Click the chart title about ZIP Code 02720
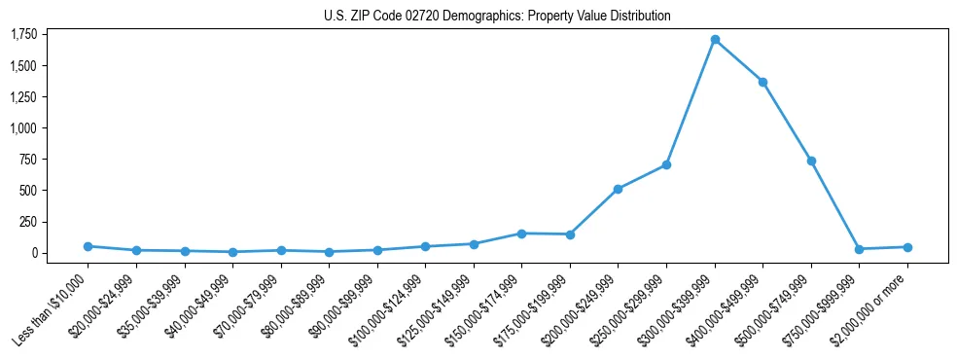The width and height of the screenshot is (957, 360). click(497, 17)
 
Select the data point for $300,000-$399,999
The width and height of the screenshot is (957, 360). click(715, 40)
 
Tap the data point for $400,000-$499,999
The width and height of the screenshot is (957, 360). click(763, 82)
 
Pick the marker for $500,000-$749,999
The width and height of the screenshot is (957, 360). click(811, 161)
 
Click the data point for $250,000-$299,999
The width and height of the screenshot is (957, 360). click(666, 164)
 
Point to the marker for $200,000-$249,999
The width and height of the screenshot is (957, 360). click(618, 189)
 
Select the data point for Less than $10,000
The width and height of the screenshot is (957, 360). click(88, 246)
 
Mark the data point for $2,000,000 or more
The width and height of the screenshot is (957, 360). click(907, 247)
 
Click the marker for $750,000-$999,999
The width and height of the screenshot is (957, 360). click(859, 249)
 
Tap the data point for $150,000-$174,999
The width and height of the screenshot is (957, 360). click(521, 234)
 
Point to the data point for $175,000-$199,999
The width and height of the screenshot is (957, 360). click(570, 234)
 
